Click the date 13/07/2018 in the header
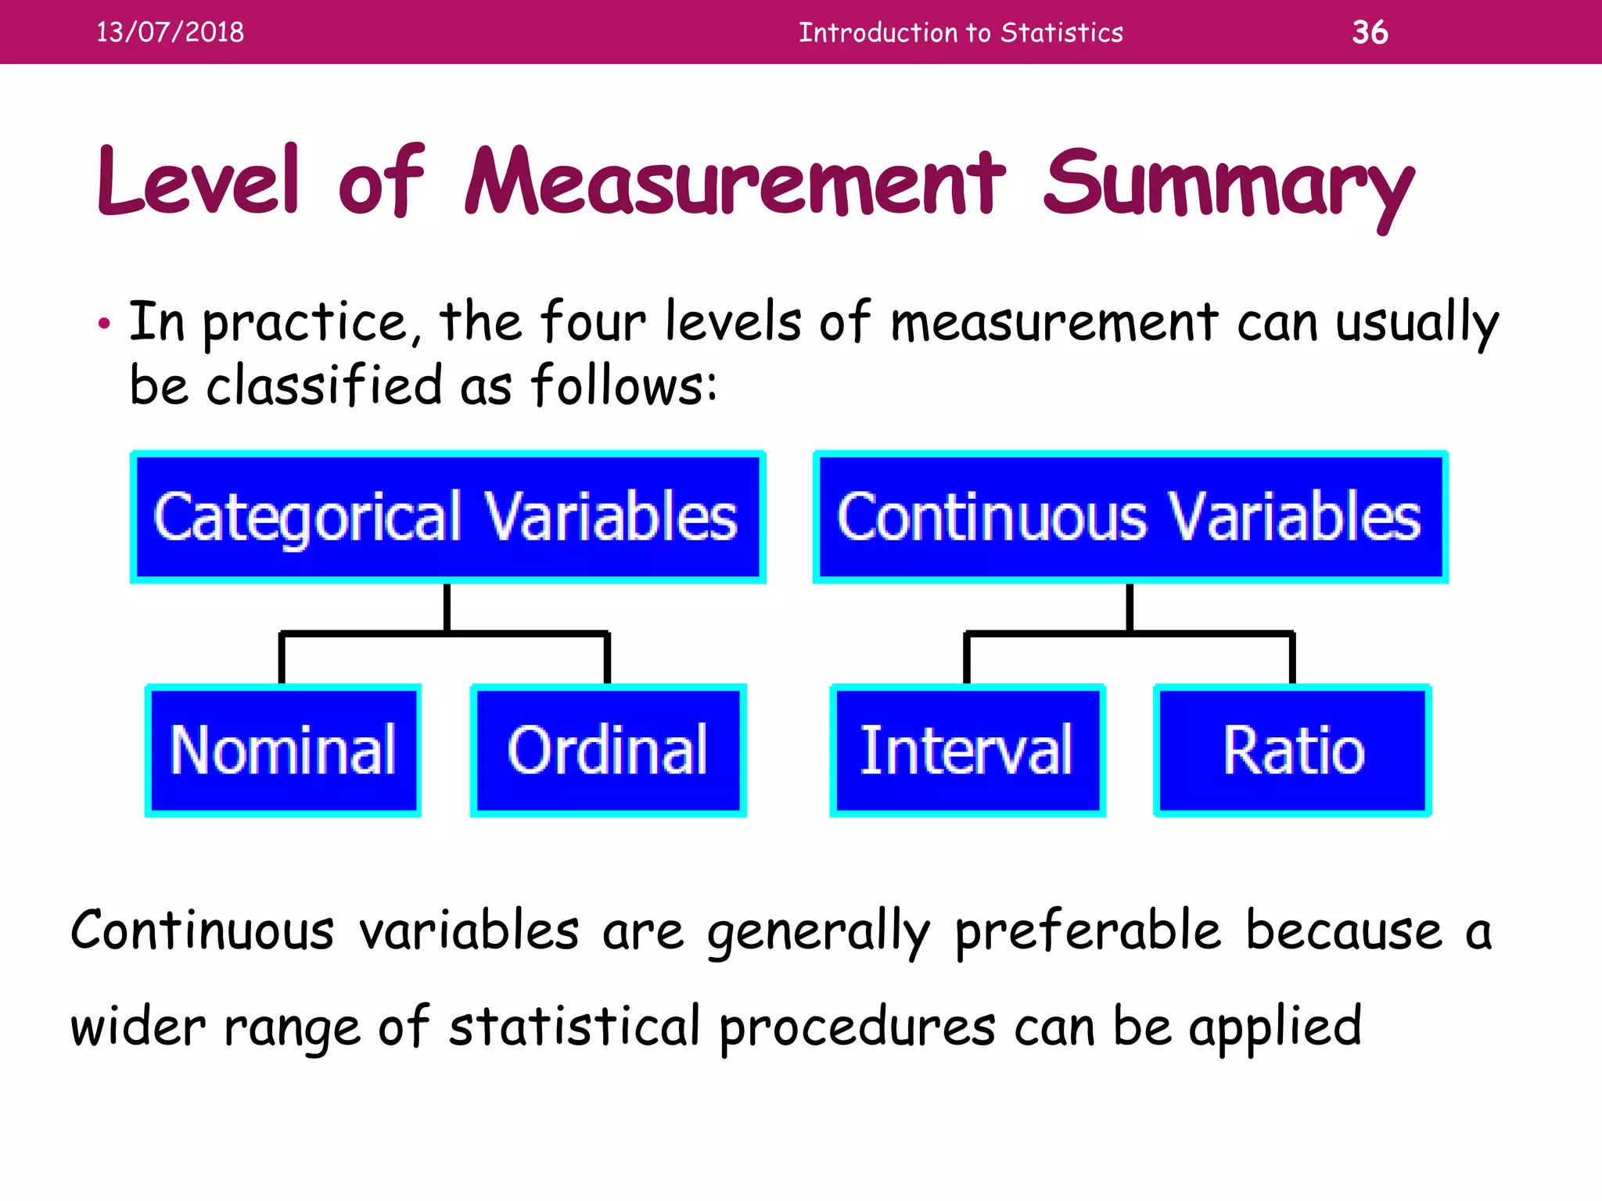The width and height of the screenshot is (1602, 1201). (170, 32)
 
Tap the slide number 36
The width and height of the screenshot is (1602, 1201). (1370, 32)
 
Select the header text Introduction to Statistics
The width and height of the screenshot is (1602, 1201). (961, 32)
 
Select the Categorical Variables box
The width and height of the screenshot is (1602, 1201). (447, 517)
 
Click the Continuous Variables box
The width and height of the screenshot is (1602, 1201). (1130, 517)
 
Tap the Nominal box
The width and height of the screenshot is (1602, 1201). (283, 751)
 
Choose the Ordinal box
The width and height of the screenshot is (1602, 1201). (608, 751)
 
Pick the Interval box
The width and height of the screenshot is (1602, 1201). (968, 751)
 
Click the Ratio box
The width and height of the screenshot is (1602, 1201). (1293, 751)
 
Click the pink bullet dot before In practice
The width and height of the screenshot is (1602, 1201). (104, 324)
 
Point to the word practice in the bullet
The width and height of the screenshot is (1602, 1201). (306, 323)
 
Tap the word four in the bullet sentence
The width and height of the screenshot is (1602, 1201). (593, 321)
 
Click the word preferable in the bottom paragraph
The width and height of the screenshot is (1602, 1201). (1088, 931)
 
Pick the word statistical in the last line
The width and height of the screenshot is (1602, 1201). (574, 1026)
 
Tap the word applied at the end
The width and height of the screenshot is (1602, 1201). (1276, 1027)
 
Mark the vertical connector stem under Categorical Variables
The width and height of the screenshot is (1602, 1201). (447, 608)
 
